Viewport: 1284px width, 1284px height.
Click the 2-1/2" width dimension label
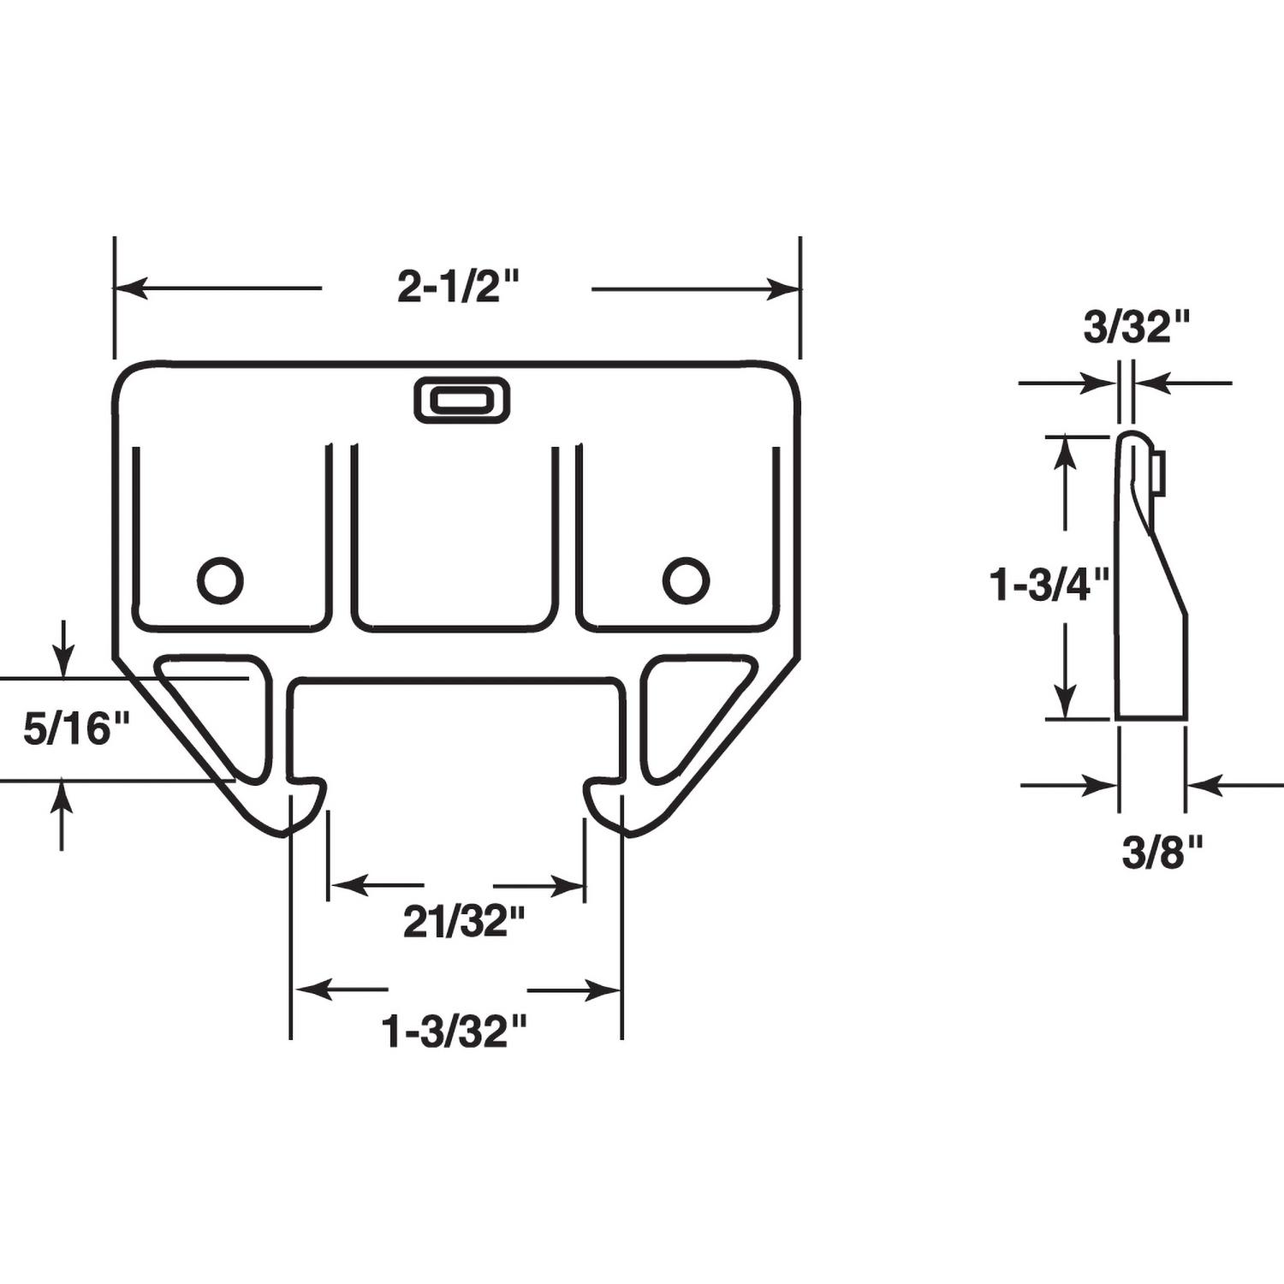pyautogui.click(x=458, y=287)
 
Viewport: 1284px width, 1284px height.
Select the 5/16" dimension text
pyautogui.click(x=76, y=730)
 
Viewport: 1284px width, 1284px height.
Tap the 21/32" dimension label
pyautogui.click(x=463, y=922)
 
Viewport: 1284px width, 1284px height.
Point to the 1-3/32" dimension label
pyautogui.click(x=454, y=1031)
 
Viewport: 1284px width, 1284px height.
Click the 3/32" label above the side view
pyautogui.click(x=1137, y=328)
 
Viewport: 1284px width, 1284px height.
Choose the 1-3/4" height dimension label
pyautogui.click(x=1049, y=586)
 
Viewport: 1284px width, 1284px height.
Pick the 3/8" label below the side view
pyautogui.click(x=1162, y=853)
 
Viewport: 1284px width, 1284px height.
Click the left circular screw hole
pyautogui.click(x=220, y=580)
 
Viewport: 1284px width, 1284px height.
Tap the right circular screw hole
pyautogui.click(x=686, y=580)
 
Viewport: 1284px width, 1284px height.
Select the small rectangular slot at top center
pyautogui.click(x=461, y=401)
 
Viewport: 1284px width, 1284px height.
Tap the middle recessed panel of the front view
pyautogui.click(x=455, y=539)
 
